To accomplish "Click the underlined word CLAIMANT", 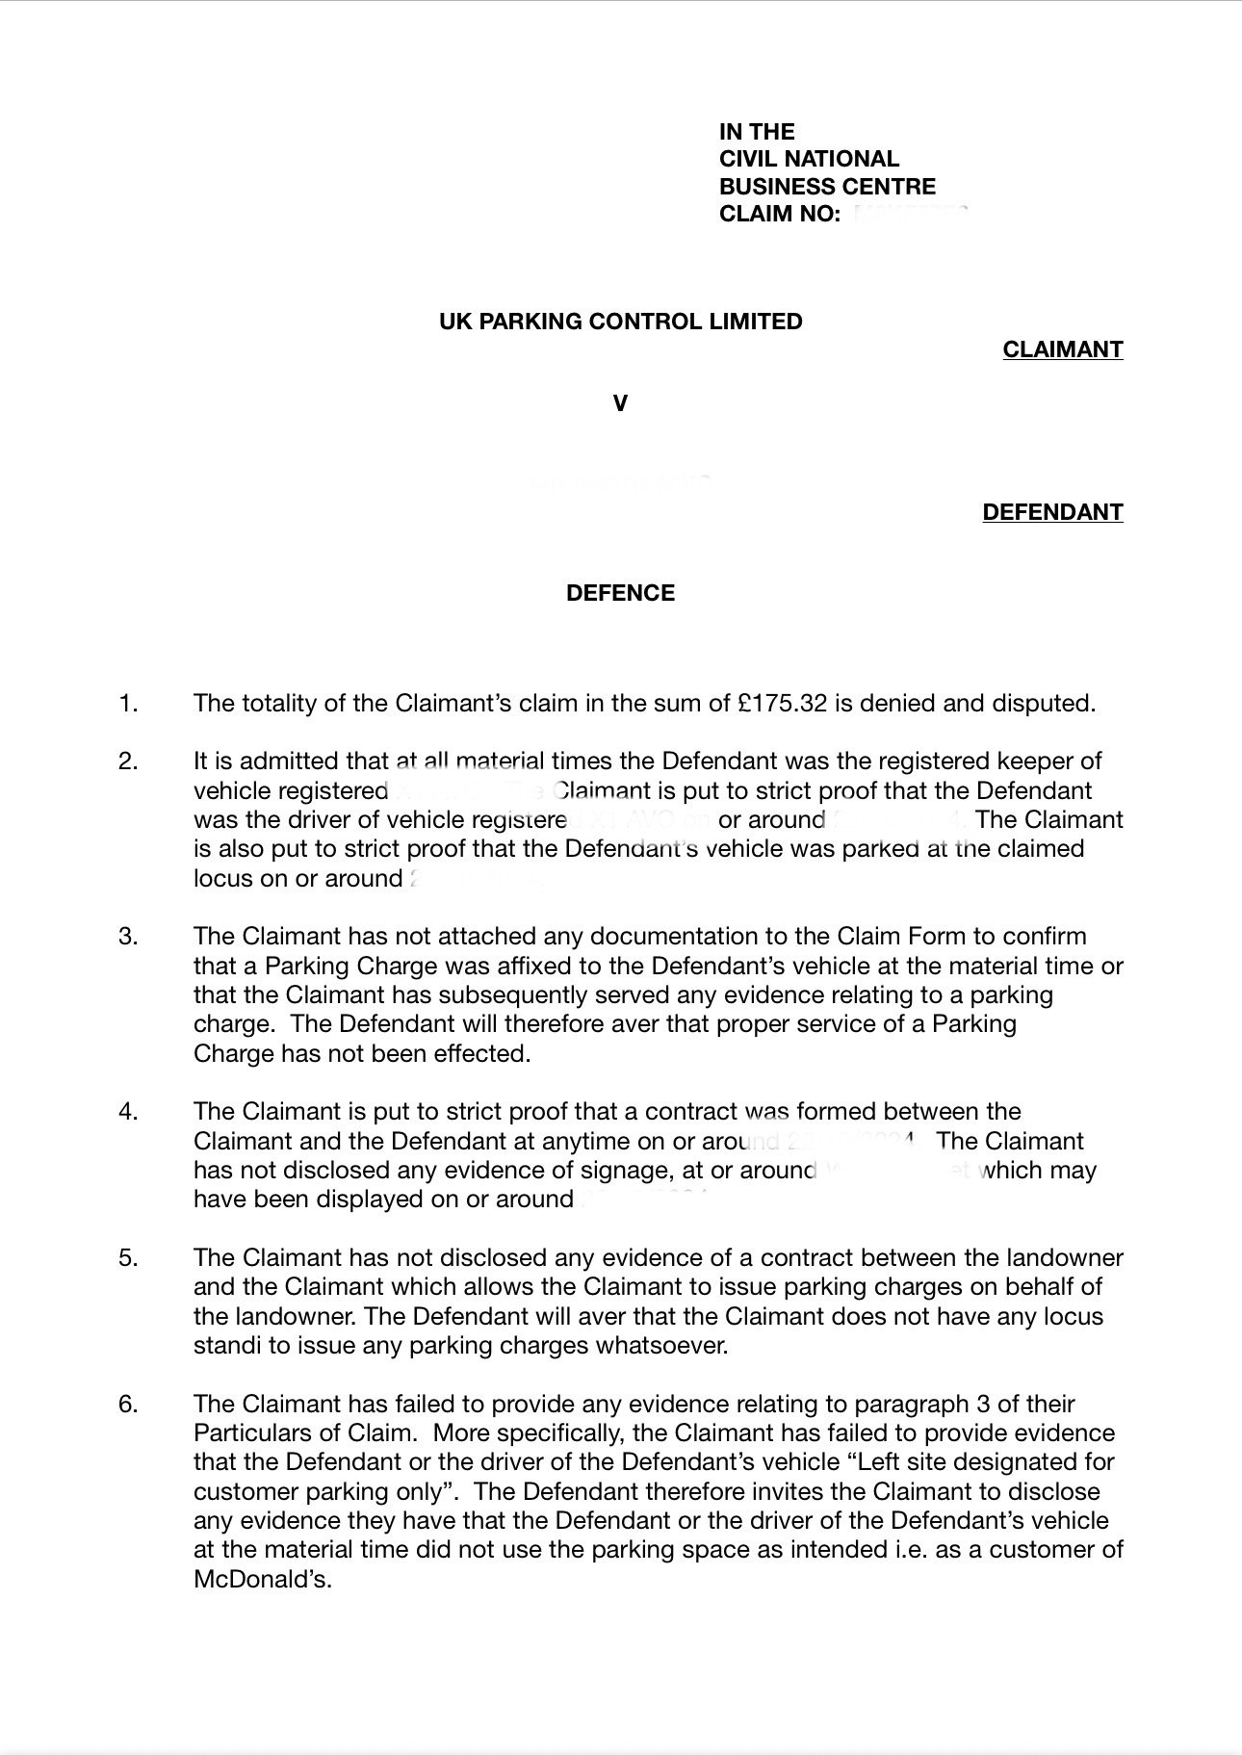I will tap(1062, 348).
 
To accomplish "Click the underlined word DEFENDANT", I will tap(1052, 511).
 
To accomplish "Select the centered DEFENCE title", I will tap(620, 592).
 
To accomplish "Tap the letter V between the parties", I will tap(620, 403).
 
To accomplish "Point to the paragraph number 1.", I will tap(128, 703).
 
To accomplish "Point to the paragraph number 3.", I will tap(128, 936).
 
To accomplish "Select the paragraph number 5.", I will tap(128, 1257).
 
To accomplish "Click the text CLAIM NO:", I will tap(780, 214).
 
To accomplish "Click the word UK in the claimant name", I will tap(454, 321).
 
